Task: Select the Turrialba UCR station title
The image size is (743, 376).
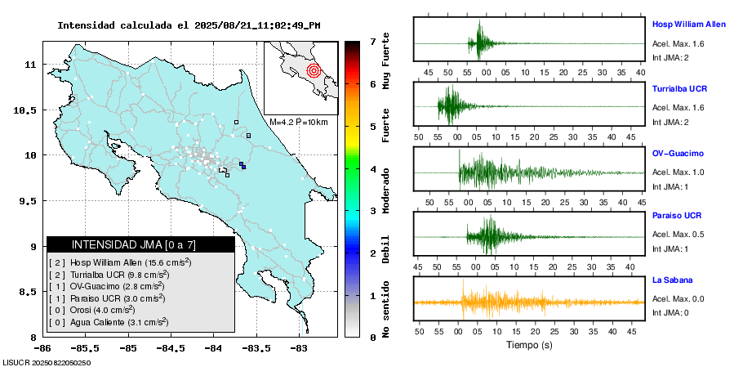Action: tap(679, 87)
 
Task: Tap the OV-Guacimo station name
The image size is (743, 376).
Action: tap(678, 153)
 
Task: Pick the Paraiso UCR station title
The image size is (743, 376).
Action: tap(676, 216)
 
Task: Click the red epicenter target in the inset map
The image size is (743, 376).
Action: tap(314, 70)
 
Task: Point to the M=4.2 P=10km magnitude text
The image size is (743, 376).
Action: tap(298, 123)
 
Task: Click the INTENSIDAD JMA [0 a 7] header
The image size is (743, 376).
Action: tap(140, 244)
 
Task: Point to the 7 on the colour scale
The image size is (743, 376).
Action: tap(372, 41)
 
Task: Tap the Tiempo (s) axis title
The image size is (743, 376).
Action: tap(530, 345)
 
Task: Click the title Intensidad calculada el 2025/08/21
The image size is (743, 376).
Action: tap(189, 25)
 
